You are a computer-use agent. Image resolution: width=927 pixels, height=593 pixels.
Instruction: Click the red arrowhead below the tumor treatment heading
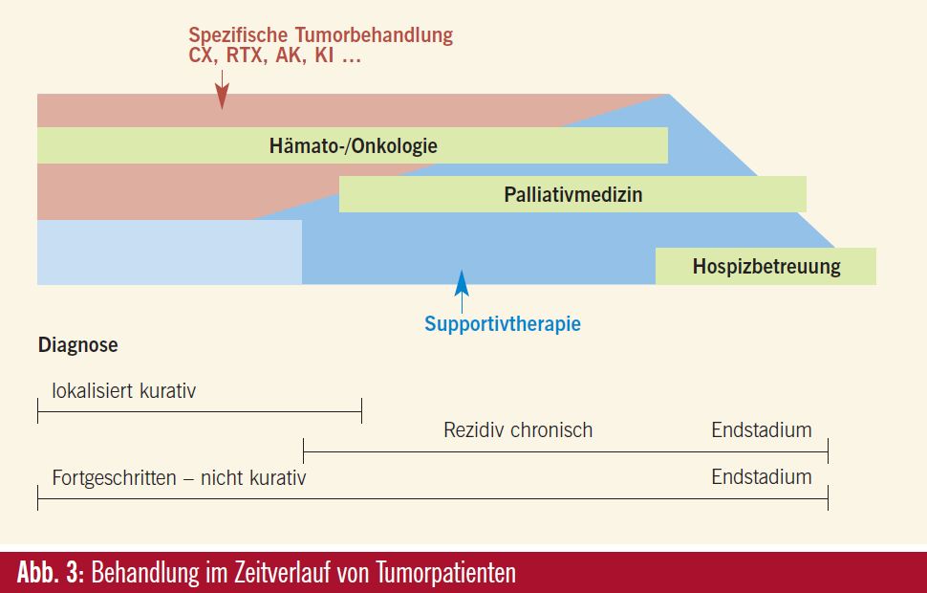point(222,97)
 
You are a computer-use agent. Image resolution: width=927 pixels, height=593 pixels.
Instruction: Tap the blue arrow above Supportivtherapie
point(462,291)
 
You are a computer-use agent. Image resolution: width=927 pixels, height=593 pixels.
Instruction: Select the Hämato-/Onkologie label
point(353,145)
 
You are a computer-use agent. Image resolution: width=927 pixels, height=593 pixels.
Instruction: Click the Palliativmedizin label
point(572,195)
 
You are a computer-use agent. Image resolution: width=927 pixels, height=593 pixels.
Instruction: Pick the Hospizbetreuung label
point(766,266)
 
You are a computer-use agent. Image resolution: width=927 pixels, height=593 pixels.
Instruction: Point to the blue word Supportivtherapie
point(503,323)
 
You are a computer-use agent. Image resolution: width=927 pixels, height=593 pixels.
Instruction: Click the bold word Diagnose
point(78,345)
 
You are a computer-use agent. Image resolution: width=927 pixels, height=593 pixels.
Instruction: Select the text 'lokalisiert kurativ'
point(123,391)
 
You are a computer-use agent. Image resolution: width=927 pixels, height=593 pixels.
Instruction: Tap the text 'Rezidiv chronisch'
point(518,430)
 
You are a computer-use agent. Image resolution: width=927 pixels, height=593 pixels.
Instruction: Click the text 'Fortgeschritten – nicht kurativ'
point(179,477)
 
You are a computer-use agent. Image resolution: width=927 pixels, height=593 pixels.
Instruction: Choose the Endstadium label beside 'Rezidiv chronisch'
point(762,430)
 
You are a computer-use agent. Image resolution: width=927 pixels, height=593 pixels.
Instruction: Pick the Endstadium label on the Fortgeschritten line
point(762,477)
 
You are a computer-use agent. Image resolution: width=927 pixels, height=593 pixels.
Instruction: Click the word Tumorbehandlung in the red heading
point(374,35)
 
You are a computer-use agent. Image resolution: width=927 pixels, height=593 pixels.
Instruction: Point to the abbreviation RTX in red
point(246,55)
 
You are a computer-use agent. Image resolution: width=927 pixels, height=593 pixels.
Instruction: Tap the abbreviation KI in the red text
point(324,55)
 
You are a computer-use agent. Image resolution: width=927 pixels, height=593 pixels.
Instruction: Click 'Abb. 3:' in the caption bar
point(52,572)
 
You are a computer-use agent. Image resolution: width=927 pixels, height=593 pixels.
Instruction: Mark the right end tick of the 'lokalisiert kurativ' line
point(361,410)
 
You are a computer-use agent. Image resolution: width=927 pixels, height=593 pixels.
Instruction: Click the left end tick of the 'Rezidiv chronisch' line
point(303,450)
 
